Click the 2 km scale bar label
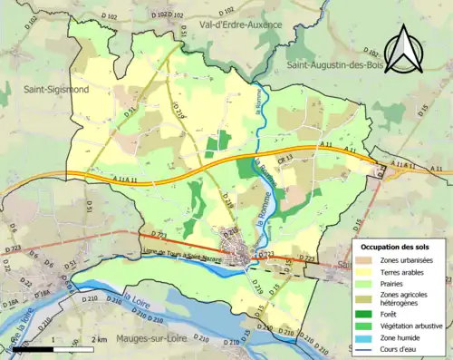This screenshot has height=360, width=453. (x=101, y=339)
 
